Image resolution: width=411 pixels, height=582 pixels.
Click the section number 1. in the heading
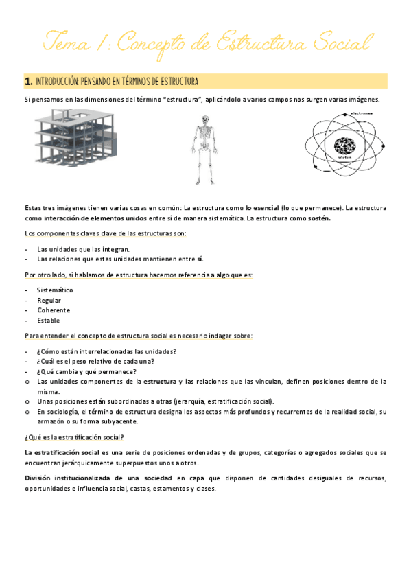click(28, 82)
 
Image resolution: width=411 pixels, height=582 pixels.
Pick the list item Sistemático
click(55, 290)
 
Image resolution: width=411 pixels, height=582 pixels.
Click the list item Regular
click(49, 300)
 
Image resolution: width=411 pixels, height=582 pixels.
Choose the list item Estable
click(49, 321)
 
